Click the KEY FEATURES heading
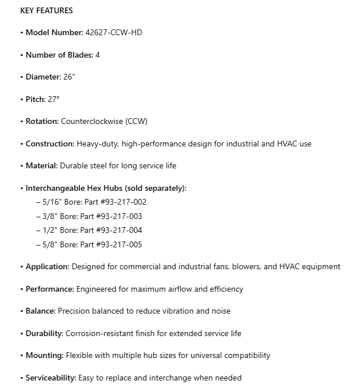pos(46,10)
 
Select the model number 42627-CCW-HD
pos(114,33)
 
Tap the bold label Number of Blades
pos(59,55)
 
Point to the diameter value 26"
pos(69,77)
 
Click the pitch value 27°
pos(54,99)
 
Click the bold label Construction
pos(50,144)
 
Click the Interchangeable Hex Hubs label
pos(106,188)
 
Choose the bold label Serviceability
pos(51,378)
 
